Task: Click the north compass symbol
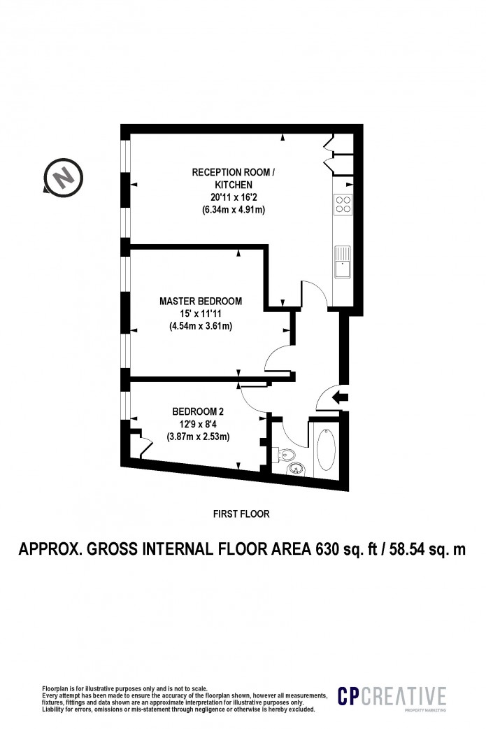[x=63, y=177]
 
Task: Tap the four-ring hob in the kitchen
[x=343, y=204]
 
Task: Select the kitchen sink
[x=343, y=261]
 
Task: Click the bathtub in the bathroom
[x=326, y=449]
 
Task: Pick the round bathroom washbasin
[x=296, y=469]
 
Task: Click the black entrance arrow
[x=341, y=397]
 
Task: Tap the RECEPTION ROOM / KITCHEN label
[x=234, y=178]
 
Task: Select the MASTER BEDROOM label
[x=201, y=302]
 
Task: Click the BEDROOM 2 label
[x=198, y=411]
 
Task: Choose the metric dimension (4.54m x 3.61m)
[x=201, y=327]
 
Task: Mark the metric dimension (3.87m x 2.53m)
[x=198, y=437]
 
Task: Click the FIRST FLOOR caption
[x=241, y=514]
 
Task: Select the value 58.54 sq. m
[x=427, y=549]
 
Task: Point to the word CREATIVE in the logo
[x=403, y=696]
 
